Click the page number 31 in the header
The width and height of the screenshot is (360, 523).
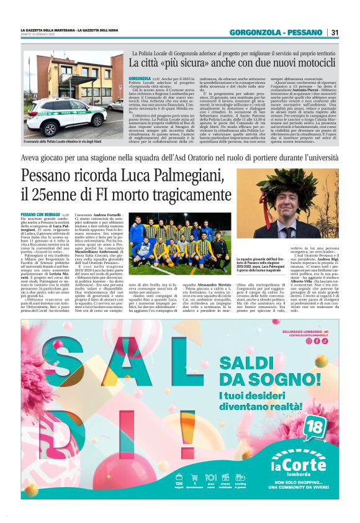[335, 32]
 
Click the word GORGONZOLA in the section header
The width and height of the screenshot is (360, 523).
[254, 32]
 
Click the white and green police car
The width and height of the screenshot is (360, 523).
[58, 116]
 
